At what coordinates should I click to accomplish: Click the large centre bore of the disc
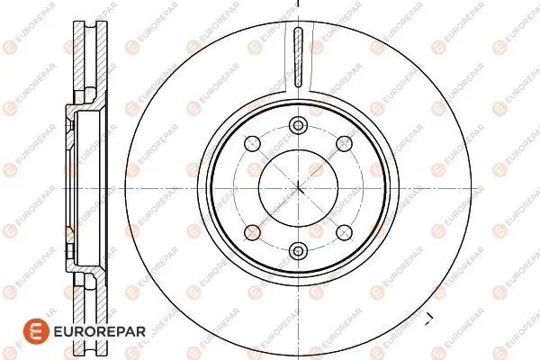[298, 188]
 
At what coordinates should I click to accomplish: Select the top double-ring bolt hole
[298, 125]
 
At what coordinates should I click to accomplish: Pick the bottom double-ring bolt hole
[298, 251]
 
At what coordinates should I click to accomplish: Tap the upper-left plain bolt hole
[252, 143]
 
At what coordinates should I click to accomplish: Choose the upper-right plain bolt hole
[344, 143]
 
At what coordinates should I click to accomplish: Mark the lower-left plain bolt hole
[252, 232]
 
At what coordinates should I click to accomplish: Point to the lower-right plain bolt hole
[344, 232]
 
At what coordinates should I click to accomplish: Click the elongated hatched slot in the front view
[298, 57]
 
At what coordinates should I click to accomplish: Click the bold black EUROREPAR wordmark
[100, 332]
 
